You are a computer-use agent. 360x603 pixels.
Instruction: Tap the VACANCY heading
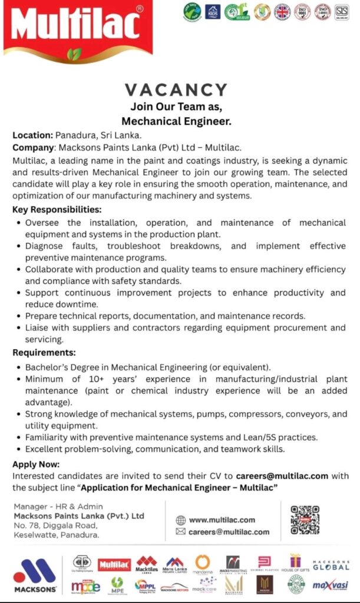point(176,90)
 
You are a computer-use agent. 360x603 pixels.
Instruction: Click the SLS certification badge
point(342,11)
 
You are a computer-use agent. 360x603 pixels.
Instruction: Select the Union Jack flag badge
point(282,11)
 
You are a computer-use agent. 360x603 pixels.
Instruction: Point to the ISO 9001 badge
point(302,11)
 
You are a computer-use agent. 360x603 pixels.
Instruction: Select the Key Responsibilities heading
point(57,210)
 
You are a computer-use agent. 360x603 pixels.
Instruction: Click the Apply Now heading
point(36,464)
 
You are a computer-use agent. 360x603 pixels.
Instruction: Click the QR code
point(305,519)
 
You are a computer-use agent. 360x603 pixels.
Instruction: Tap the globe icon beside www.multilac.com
point(181,520)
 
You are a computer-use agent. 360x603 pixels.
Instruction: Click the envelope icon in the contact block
point(181,532)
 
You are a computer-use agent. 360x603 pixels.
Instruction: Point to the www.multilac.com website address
point(222,520)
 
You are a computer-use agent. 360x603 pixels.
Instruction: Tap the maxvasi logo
point(329,584)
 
